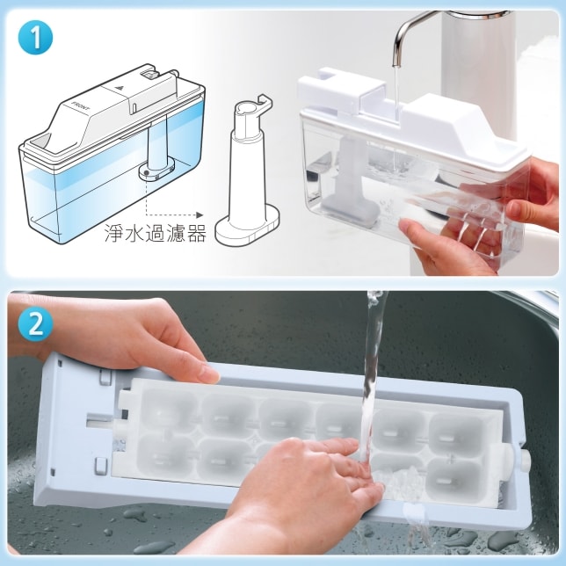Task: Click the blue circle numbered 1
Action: pos(35,38)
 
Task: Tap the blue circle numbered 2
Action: pos(35,324)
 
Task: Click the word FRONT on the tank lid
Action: pos(81,106)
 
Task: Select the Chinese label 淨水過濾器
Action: pos(156,233)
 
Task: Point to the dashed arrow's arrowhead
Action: pos(200,215)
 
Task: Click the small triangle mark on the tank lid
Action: pos(120,87)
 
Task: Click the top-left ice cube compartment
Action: pos(167,410)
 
